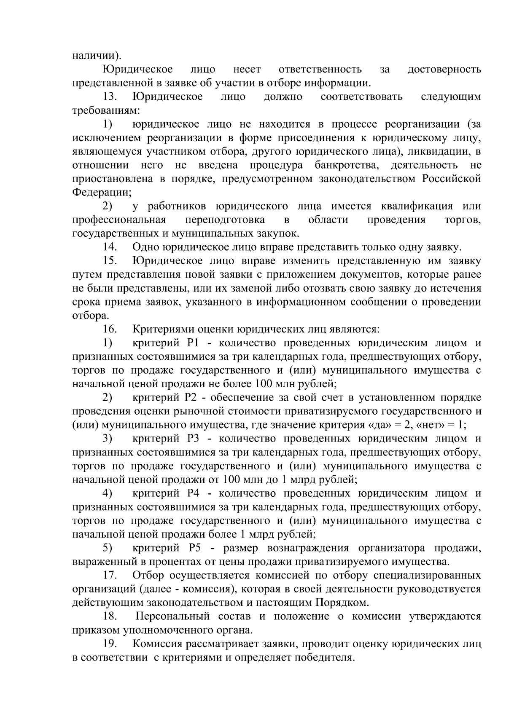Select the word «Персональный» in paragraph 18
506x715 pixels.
pos(172,616)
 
